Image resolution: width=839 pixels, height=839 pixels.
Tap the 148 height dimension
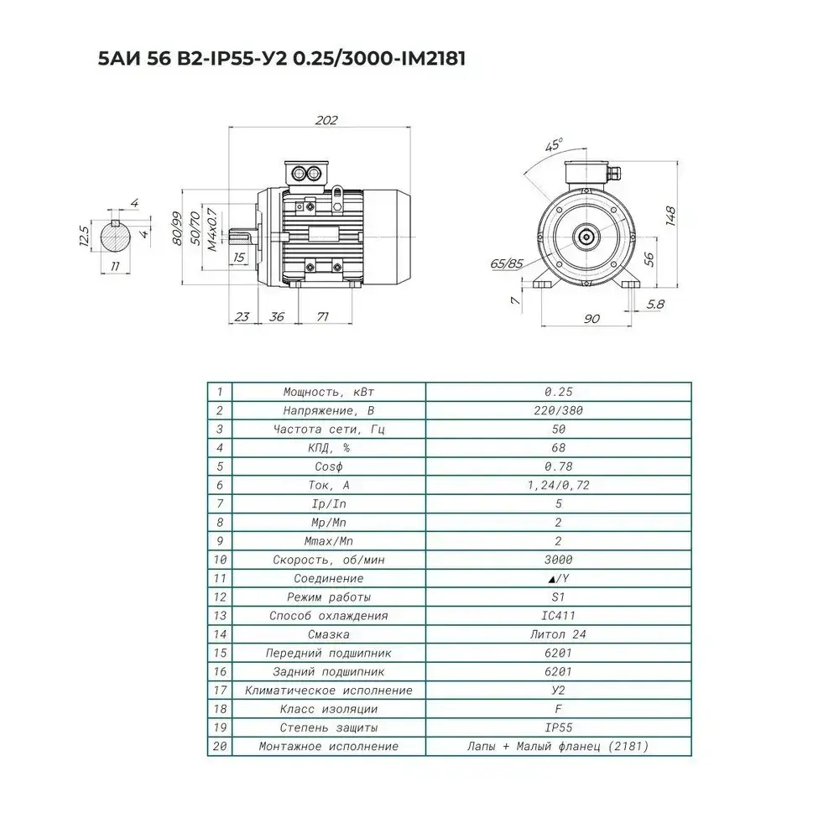tap(670, 216)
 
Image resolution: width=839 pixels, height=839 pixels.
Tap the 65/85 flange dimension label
tap(507, 263)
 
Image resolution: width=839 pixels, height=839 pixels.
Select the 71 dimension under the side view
tap(321, 317)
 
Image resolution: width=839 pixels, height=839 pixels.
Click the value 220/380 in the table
tap(558, 411)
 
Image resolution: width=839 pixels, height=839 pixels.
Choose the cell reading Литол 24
tap(558, 634)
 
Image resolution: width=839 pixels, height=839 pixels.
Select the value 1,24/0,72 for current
tap(558, 485)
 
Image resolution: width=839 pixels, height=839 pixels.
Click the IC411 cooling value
tap(558, 616)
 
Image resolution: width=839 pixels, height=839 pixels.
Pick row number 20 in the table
tap(219, 746)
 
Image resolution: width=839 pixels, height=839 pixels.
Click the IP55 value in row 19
tap(558, 727)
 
